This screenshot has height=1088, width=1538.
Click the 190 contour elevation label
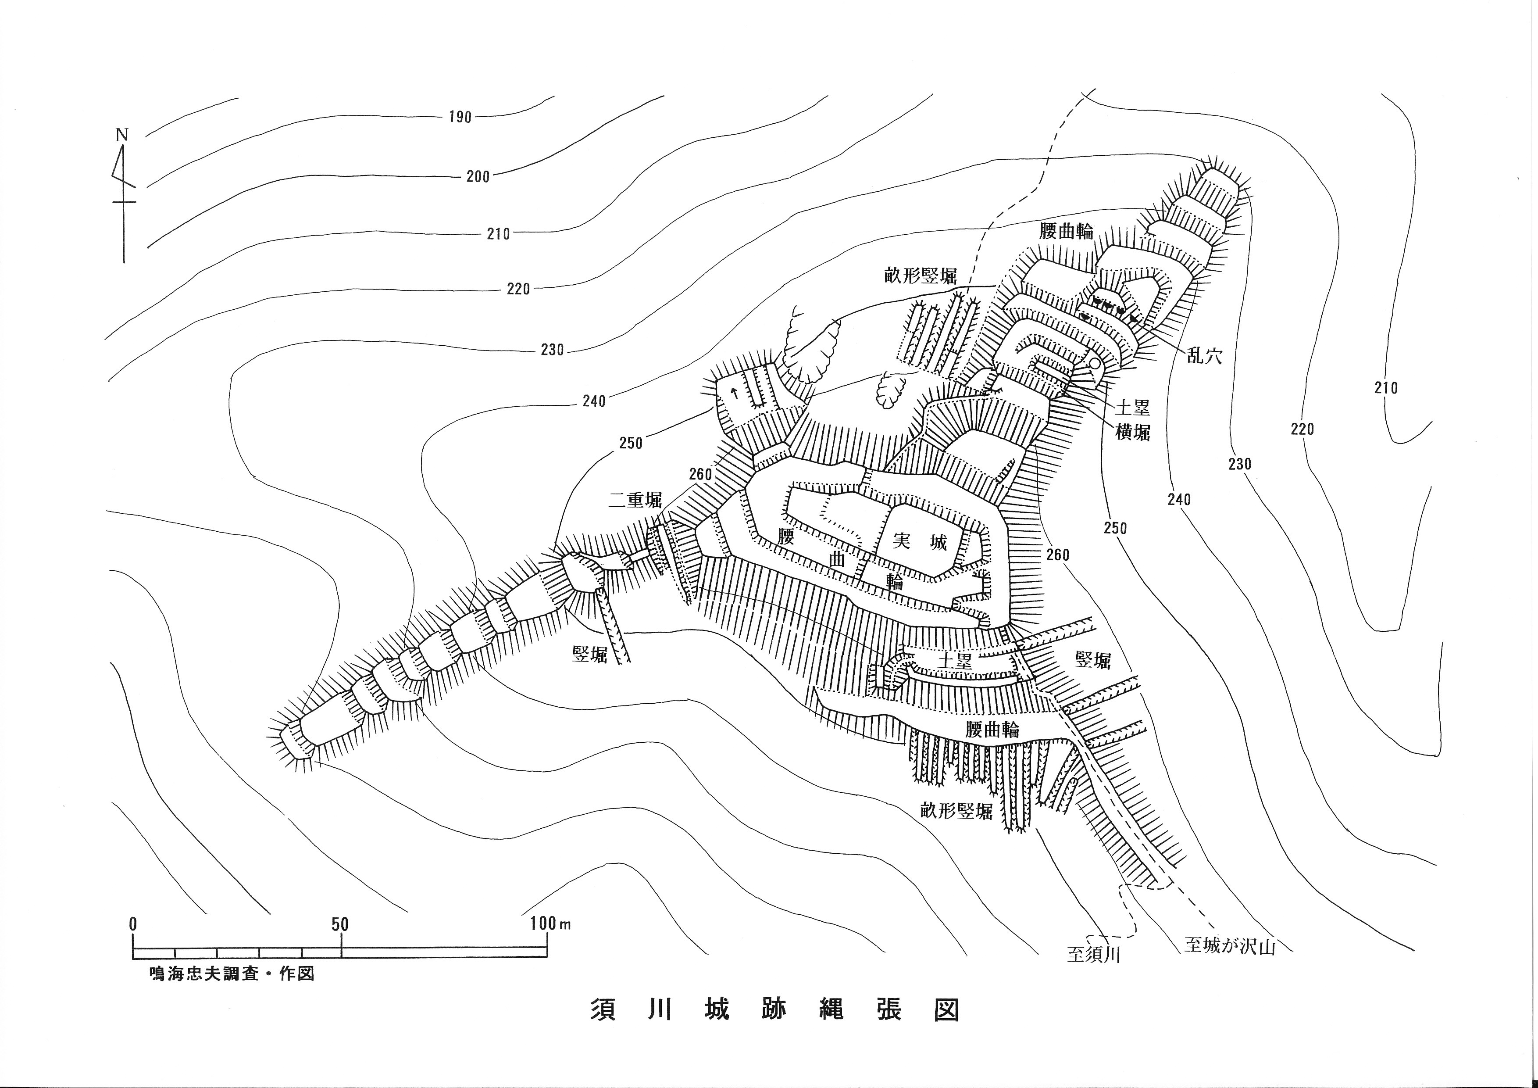click(x=460, y=117)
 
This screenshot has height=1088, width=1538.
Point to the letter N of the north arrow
click(x=122, y=135)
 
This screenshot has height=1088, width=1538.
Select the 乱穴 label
click(x=1204, y=356)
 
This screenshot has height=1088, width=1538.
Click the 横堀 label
click(x=1133, y=433)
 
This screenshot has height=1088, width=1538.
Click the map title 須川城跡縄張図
click(x=774, y=1028)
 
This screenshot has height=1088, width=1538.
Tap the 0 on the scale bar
click(x=133, y=924)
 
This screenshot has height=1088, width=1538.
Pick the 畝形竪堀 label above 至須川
click(x=956, y=811)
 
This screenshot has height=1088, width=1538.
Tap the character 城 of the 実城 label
click(x=938, y=541)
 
